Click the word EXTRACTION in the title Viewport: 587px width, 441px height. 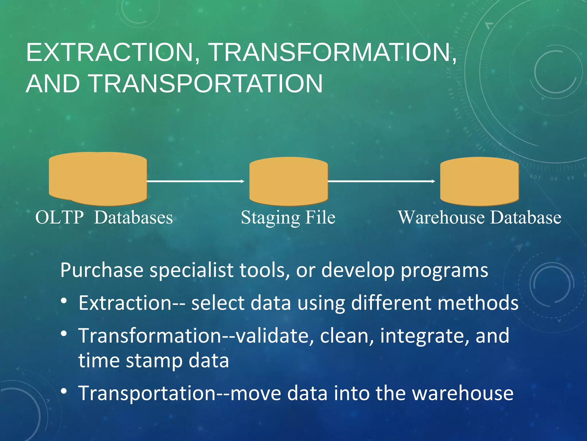tap(109, 52)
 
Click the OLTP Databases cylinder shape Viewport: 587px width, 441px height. tap(98, 179)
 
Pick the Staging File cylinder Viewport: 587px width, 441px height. tap(288, 181)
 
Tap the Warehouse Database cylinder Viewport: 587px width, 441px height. tap(479, 181)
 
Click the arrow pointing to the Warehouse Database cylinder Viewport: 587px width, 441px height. tap(381, 181)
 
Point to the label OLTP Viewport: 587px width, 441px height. tap(59, 217)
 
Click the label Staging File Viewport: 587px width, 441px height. tap(288, 217)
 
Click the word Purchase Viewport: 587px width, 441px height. tap(102, 270)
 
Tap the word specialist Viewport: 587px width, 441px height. tap(191, 270)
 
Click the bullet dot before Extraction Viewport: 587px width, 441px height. tap(64, 301)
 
